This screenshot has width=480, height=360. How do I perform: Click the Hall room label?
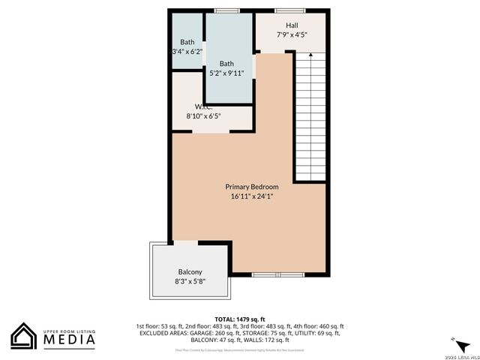click(292, 25)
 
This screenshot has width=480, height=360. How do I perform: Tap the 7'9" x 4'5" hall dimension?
click(292, 34)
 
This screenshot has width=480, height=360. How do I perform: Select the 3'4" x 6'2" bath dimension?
click(187, 52)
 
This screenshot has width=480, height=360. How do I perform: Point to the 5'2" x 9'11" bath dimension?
click(226, 73)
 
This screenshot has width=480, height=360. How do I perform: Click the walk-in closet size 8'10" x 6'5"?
click(203, 116)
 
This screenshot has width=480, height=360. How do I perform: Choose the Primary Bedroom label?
click(252, 187)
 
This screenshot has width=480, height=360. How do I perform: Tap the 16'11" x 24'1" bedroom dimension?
click(252, 196)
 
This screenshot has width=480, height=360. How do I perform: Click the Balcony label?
click(190, 271)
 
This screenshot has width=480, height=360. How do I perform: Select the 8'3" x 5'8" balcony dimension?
click(190, 281)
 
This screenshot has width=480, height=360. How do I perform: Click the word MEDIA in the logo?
click(68, 340)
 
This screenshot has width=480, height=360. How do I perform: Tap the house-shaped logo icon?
click(24, 336)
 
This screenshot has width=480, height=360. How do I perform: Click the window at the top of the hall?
click(285, 10)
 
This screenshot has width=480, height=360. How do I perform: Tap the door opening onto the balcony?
click(186, 241)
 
